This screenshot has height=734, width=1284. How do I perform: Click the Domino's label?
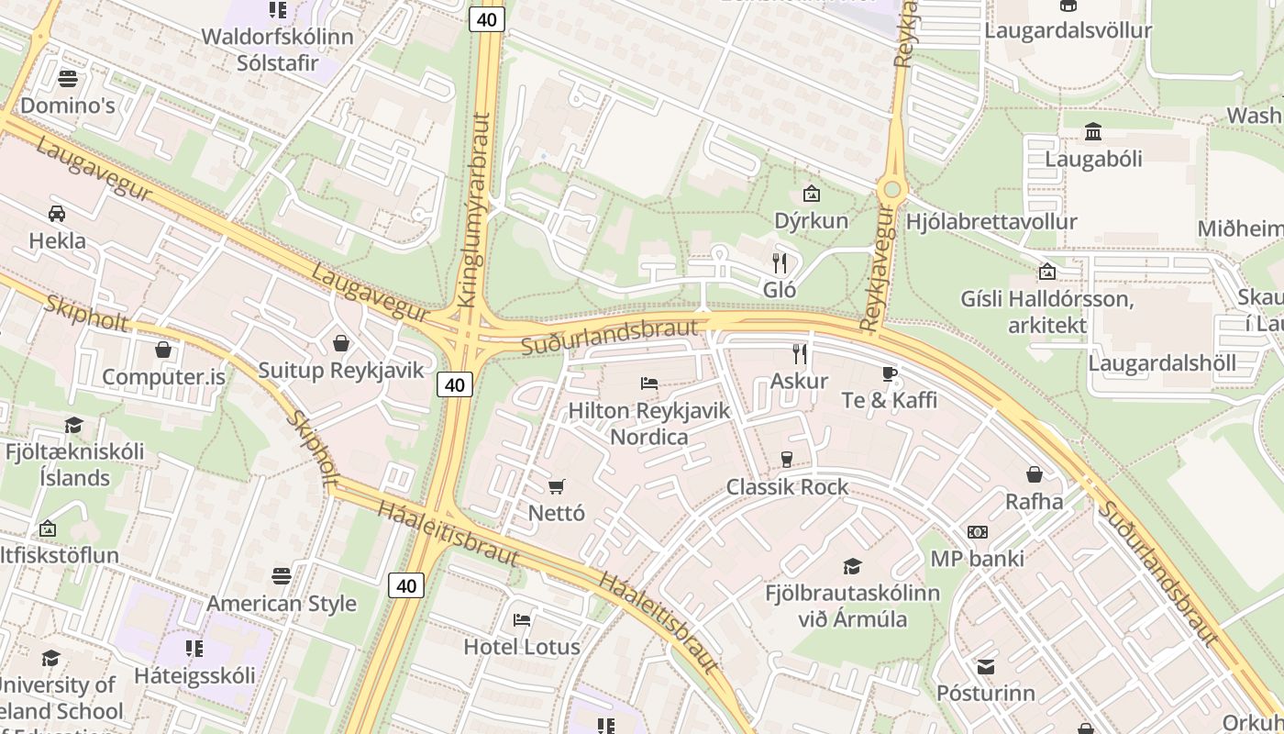click(68, 106)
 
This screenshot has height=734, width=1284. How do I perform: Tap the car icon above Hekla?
click(57, 214)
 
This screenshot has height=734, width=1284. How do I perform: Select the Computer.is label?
click(163, 377)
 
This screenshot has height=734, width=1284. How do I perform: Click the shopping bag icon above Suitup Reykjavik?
click(341, 343)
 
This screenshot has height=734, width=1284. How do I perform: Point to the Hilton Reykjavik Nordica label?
click(649, 423)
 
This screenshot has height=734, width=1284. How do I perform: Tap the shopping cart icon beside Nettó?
click(557, 486)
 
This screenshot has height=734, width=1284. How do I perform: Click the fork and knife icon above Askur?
click(800, 353)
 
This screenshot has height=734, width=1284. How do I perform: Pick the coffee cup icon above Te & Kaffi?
click(889, 373)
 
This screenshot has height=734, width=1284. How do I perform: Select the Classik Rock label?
click(787, 487)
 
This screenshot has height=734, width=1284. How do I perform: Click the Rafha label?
click(1035, 502)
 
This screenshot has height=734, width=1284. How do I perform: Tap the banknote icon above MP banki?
click(978, 532)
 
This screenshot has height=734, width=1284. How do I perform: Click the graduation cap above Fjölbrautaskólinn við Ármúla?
click(853, 566)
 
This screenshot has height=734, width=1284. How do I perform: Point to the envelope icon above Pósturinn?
click(986, 666)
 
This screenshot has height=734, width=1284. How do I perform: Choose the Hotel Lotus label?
click(522, 647)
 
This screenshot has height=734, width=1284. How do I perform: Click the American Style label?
click(282, 604)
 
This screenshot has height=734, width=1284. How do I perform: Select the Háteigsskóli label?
click(194, 676)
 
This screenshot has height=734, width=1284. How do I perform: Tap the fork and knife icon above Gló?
click(780, 263)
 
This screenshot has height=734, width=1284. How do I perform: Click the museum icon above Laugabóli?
click(1093, 132)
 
